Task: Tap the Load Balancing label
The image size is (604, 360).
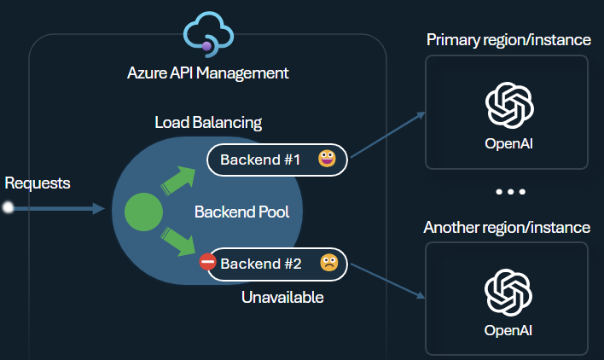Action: (208, 122)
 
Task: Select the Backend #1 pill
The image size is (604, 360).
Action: (276, 160)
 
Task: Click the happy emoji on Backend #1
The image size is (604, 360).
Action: (327, 159)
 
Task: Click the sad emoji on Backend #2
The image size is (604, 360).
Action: (328, 263)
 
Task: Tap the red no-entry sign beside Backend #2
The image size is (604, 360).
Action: (207, 263)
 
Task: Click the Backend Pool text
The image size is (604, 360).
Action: (241, 212)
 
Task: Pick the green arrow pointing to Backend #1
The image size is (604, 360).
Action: (179, 180)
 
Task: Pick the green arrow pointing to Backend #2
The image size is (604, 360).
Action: (179, 241)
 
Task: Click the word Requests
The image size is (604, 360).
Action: (38, 183)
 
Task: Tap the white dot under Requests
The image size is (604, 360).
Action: (9, 208)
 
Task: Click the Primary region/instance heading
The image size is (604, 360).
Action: (508, 40)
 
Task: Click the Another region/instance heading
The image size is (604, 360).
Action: (507, 228)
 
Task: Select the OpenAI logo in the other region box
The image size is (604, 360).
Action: (509, 292)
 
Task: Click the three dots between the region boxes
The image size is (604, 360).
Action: (510, 193)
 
